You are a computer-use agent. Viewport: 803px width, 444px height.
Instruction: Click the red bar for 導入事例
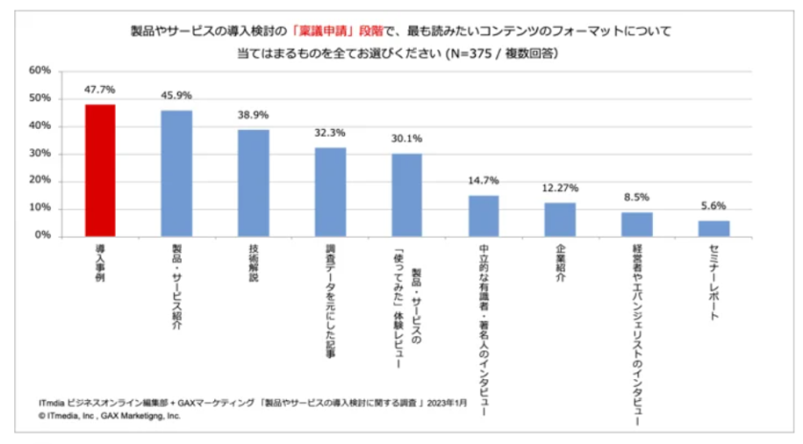pyautogui.click(x=100, y=170)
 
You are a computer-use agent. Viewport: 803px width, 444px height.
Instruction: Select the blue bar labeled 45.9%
pyautogui.click(x=176, y=173)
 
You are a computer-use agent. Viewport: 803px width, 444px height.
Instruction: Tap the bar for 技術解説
pyautogui.click(x=253, y=182)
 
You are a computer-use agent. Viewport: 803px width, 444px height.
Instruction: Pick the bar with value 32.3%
pyautogui.click(x=330, y=191)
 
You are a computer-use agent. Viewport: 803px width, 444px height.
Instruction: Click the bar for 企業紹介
pyautogui.click(x=560, y=219)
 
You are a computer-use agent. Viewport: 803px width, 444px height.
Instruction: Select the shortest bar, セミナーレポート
pyautogui.click(x=713, y=228)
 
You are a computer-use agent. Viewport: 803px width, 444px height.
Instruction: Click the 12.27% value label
pyautogui.click(x=560, y=188)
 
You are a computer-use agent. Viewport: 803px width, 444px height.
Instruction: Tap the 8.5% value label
pyautogui.click(x=637, y=199)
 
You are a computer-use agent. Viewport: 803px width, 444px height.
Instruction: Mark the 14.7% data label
pyautogui.click(x=484, y=180)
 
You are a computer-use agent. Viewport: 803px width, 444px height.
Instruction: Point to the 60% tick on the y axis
pyautogui.click(x=39, y=71)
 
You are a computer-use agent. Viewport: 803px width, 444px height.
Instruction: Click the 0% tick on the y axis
pyautogui.click(x=42, y=236)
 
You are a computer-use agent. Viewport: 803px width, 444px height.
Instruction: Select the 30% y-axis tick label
pyautogui.click(x=39, y=154)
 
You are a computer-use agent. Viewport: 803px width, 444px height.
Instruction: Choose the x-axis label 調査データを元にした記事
pyautogui.click(x=330, y=301)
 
